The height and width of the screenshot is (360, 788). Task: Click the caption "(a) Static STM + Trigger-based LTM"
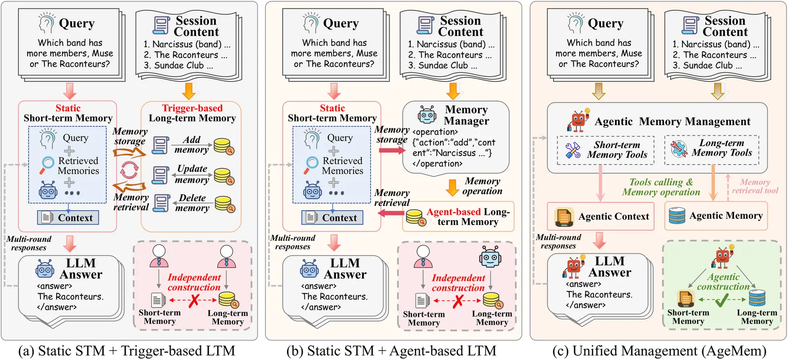pos(127,351)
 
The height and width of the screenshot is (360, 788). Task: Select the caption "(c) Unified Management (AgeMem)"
pos(659,351)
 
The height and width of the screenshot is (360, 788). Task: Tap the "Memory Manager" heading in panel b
pos(466,115)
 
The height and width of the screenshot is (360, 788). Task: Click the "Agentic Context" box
pos(601,216)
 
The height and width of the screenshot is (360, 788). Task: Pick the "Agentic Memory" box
pos(716,215)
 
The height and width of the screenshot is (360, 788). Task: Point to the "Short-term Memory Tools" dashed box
pos(606,150)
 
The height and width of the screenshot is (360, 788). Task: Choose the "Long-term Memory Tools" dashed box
pos(712,149)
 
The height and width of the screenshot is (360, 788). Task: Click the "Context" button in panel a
pos(68,217)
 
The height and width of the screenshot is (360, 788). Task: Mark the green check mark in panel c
pos(722,299)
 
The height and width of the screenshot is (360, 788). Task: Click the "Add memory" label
pos(192,145)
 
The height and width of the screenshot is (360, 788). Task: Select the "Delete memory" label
pos(192,203)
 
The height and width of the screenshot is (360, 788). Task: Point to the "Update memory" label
pos(192,174)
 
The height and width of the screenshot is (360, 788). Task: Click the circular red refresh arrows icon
pos(129,170)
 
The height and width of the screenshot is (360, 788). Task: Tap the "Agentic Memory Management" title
pos(672,122)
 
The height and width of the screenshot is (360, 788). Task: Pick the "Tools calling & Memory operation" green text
pos(661,187)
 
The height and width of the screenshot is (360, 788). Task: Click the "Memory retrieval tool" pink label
pos(755,186)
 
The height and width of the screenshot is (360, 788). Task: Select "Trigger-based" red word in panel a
pos(193,108)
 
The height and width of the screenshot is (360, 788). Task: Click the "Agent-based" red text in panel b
pos(454,212)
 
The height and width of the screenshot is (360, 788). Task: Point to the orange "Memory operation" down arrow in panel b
pos(452,187)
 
